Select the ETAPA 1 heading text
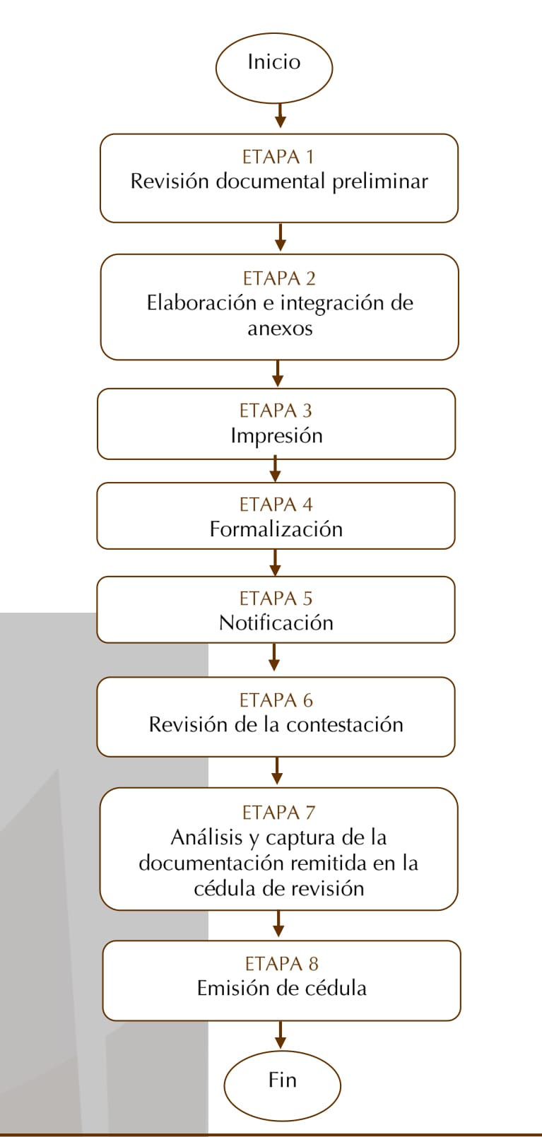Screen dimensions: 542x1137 pyautogui.click(x=278, y=157)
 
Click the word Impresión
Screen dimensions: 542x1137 pyautogui.click(x=276, y=435)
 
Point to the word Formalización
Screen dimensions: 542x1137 pyautogui.click(x=276, y=529)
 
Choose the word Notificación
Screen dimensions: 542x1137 pyautogui.click(x=276, y=623)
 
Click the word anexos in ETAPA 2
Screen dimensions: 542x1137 pyautogui.click(x=280, y=329)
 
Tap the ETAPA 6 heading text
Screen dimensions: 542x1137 pyautogui.click(x=276, y=700)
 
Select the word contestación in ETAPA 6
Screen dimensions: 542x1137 pyautogui.click(x=345, y=724)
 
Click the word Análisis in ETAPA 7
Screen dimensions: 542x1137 pyautogui.click(x=206, y=837)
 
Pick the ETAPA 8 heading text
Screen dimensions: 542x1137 pyautogui.click(x=282, y=963)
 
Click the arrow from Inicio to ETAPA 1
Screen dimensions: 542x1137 pyautogui.click(x=280, y=115)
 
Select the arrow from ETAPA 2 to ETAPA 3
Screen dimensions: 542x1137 pyautogui.click(x=278, y=374)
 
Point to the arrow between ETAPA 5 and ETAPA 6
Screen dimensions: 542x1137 pyautogui.click(x=274, y=656)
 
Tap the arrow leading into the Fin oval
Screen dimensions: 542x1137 pyautogui.click(x=280, y=1035)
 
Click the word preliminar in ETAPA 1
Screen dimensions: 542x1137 pyautogui.click(x=380, y=182)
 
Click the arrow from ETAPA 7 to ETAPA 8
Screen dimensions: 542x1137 pyautogui.click(x=278, y=924)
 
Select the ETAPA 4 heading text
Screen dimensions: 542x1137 pyautogui.click(x=276, y=505)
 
